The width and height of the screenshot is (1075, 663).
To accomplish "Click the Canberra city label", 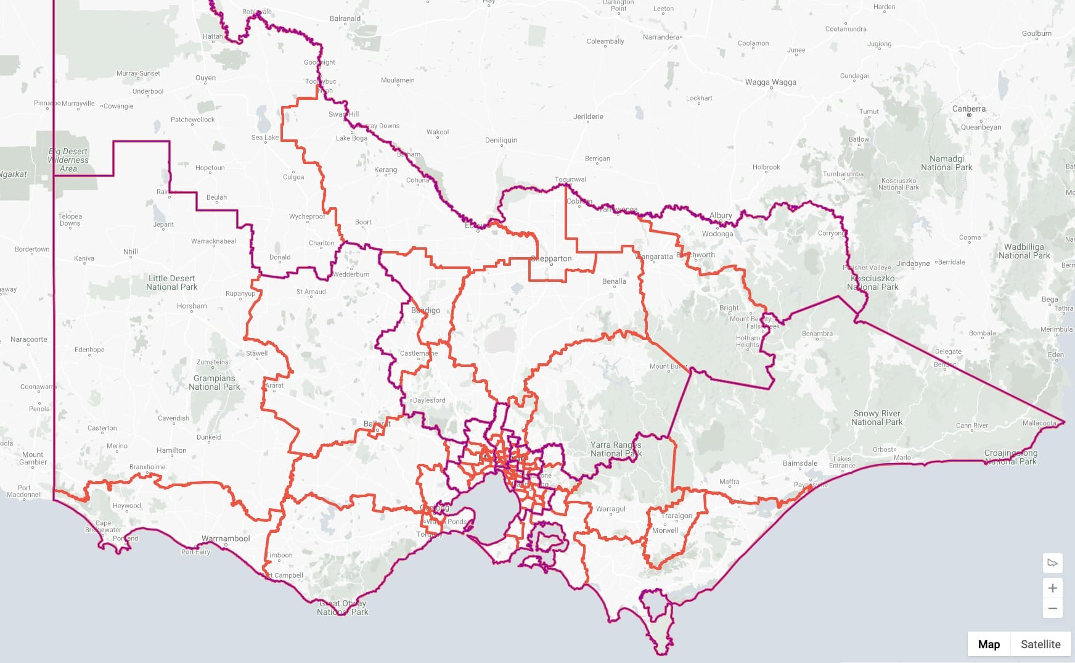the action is [x=968, y=109].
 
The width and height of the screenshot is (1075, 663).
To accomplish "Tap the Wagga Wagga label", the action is [x=770, y=82].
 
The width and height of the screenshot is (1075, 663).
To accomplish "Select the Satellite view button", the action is [x=1040, y=644].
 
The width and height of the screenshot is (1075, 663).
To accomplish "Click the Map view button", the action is [x=989, y=644].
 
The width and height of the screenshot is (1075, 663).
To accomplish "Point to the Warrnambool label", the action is [x=226, y=538].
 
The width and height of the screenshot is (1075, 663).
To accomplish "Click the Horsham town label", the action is [x=192, y=306].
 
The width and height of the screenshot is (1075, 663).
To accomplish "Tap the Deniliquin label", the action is [x=501, y=140].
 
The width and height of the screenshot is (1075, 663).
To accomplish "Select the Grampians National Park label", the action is [x=215, y=382].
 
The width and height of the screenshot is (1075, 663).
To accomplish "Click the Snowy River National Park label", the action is [x=877, y=418].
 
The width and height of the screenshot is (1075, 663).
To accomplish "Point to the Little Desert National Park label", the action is [x=171, y=282].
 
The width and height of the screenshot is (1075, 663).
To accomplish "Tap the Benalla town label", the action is [x=614, y=281].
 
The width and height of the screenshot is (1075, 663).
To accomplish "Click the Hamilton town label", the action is [x=171, y=450].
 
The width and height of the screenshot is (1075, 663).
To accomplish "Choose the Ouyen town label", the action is [x=205, y=78].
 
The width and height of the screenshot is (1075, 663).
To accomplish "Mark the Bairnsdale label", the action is [x=800, y=463].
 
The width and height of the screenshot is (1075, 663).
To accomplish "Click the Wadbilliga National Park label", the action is [x=1024, y=251].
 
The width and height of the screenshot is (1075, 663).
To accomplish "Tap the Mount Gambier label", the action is [x=33, y=458].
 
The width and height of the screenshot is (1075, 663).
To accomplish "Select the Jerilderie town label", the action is [x=588, y=117].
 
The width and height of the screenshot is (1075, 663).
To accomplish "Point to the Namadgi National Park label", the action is [x=946, y=163].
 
